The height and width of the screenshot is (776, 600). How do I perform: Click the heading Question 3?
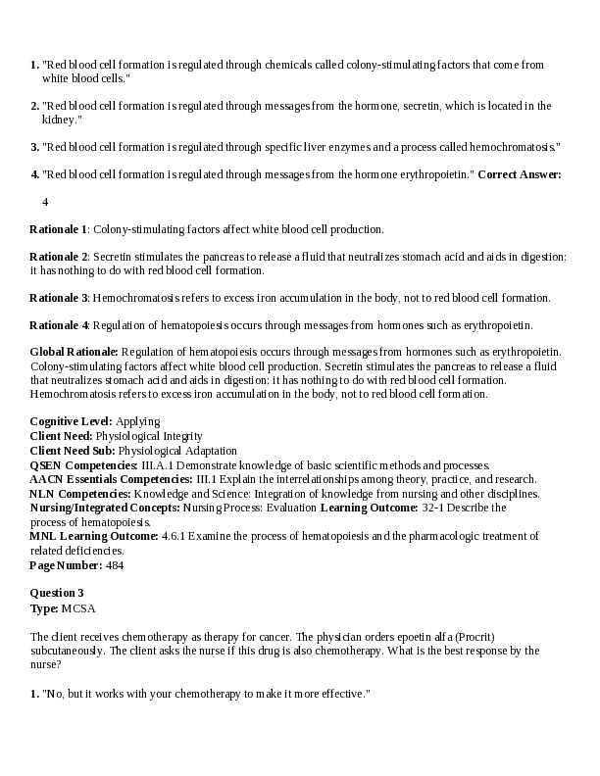coord(57,593)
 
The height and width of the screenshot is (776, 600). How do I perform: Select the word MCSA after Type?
coord(79,607)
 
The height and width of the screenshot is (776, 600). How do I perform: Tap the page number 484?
coord(114,564)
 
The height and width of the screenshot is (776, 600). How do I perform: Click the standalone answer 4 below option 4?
coord(45,202)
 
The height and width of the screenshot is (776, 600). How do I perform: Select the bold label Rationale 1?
coord(59,229)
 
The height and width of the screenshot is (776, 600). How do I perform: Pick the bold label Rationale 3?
coord(59,297)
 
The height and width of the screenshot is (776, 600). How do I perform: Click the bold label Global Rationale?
coord(75,351)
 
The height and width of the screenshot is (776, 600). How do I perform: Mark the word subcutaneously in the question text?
coord(71,650)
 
